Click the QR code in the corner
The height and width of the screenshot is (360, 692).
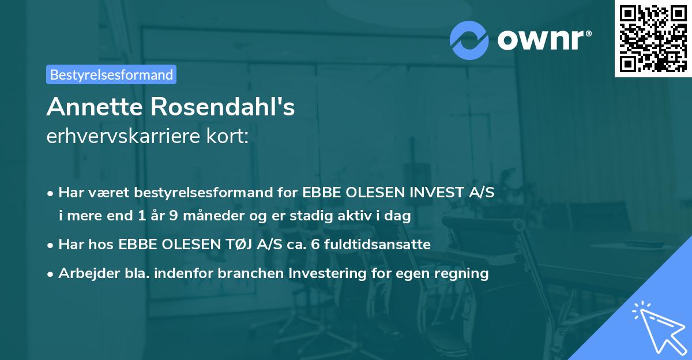[x=653, y=39]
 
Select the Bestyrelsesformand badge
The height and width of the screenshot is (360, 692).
[x=111, y=74]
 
